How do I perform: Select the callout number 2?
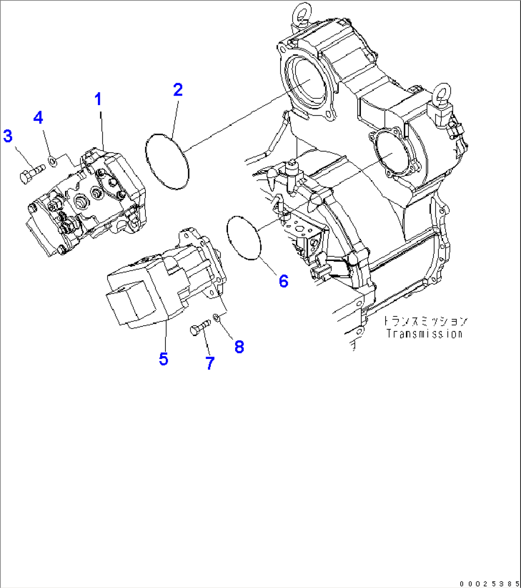click(x=178, y=89)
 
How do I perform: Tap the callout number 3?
click(x=8, y=136)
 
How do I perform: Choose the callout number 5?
click(x=163, y=359)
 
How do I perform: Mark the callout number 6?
click(x=283, y=281)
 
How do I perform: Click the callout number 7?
click(x=210, y=363)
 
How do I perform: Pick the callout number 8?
click(x=239, y=347)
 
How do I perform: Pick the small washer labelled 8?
click(x=217, y=317)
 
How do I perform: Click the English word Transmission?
click(x=424, y=334)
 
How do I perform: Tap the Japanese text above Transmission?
click(x=424, y=321)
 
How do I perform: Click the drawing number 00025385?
click(x=489, y=583)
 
